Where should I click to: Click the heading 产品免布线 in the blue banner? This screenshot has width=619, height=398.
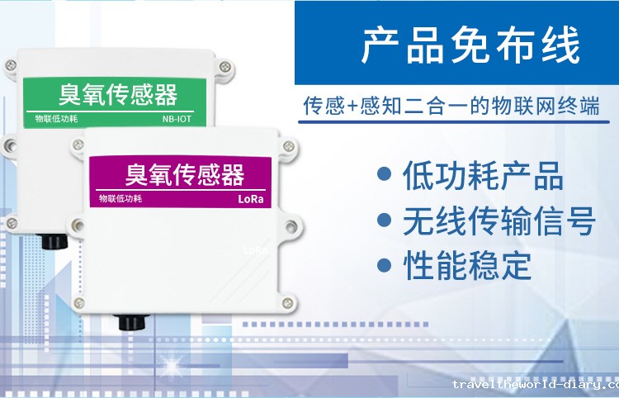(470, 47)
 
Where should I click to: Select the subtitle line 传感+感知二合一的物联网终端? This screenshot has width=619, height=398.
(451, 108)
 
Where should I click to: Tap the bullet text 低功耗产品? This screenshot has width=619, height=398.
(483, 176)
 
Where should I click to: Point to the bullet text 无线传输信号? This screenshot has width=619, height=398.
(499, 220)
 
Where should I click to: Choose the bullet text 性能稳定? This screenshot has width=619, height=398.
(467, 266)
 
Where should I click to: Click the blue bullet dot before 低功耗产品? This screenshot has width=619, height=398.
(383, 175)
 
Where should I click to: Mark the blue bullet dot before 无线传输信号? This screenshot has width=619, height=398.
(383, 220)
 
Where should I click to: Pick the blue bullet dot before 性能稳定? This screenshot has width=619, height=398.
(383, 265)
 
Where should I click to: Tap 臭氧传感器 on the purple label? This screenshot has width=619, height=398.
(184, 174)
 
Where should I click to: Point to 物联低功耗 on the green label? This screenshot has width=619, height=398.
(56, 119)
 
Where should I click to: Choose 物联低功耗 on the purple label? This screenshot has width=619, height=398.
(120, 198)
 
